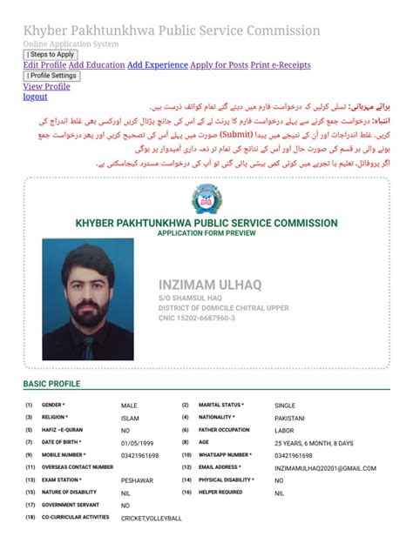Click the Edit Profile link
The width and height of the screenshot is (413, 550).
tap(44, 65)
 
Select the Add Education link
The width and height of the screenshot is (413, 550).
tap(97, 65)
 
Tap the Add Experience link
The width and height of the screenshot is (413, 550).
tap(158, 65)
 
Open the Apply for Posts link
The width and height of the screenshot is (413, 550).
tap(219, 65)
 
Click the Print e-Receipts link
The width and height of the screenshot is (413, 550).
tap(281, 65)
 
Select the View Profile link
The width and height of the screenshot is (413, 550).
tap(46, 87)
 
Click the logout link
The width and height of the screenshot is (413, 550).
tap(35, 97)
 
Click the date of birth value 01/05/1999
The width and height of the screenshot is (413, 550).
tap(139, 443)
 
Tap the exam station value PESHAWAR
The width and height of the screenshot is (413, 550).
tap(138, 480)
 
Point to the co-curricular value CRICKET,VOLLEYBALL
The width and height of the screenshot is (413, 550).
tap(152, 519)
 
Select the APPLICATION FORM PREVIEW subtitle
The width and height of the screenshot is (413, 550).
tap(206, 233)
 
